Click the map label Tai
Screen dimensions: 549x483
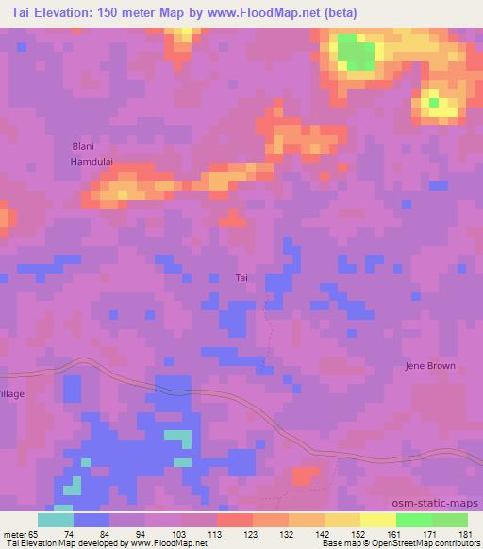click(241, 277)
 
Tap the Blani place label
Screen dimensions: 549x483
click(85, 146)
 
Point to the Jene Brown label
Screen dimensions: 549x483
click(429, 366)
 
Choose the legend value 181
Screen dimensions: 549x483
click(466, 533)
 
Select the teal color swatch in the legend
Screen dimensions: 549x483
click(56, 520)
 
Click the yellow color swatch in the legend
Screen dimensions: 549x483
click(377, 520)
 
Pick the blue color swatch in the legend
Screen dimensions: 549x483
click(92, 520)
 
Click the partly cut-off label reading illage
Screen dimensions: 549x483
click(11, 393)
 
